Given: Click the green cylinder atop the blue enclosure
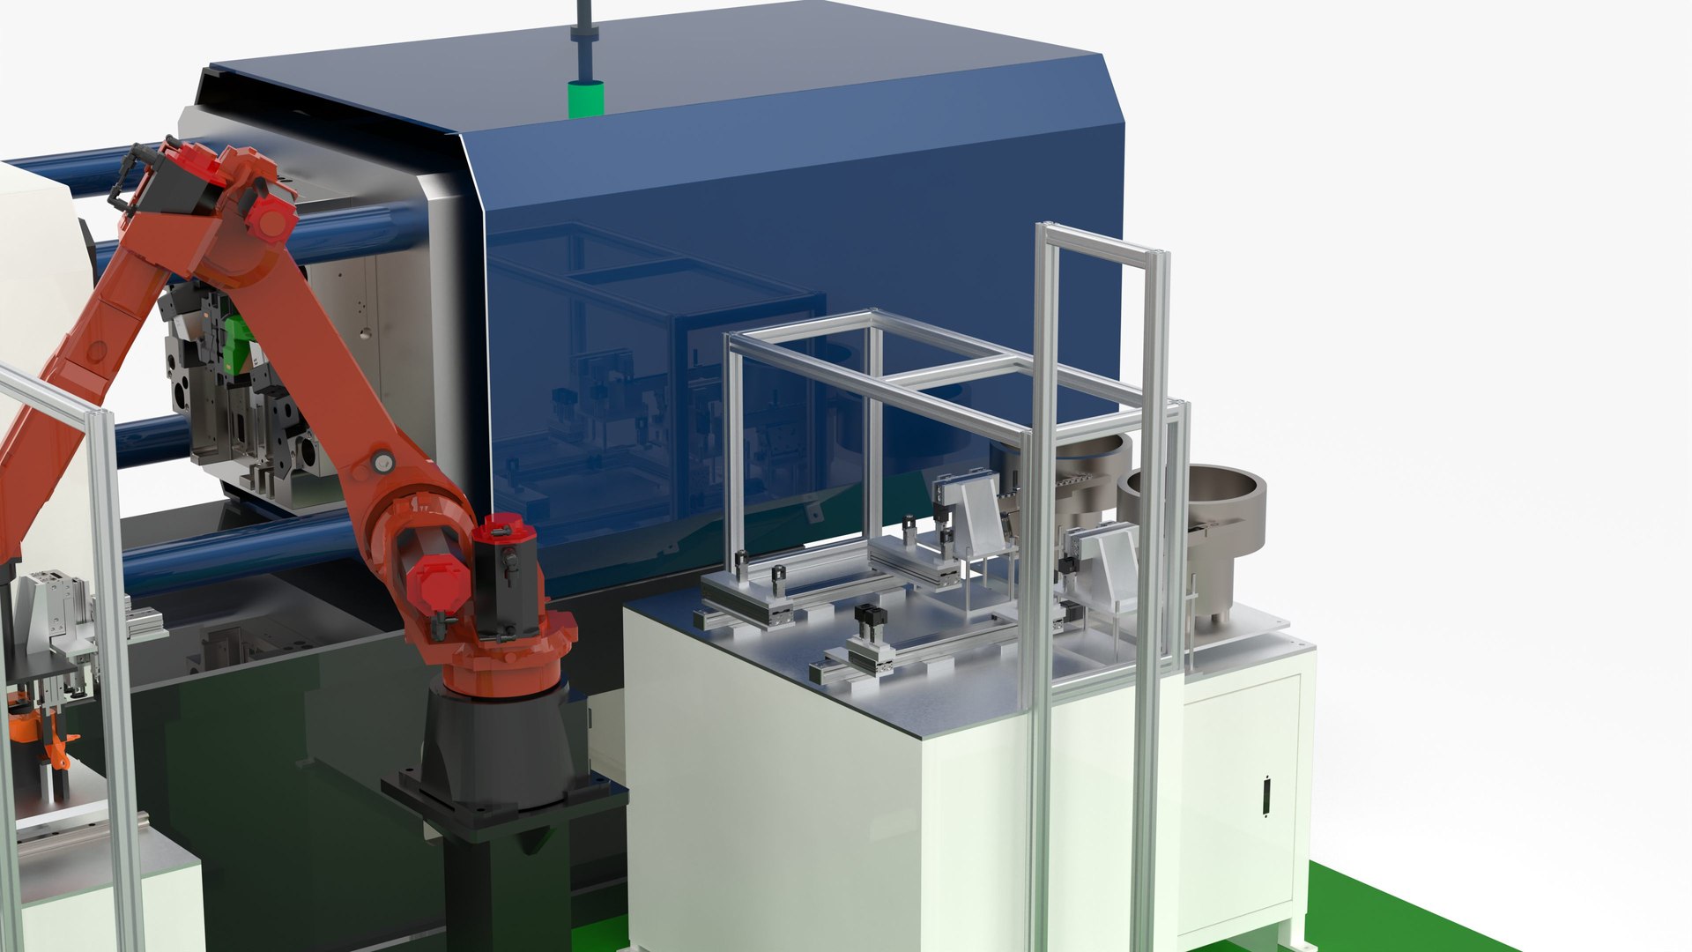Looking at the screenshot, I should (x=585, y=99).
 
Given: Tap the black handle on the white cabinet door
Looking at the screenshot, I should (x=1266, y=795).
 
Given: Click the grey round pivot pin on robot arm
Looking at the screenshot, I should (x=382, y=462).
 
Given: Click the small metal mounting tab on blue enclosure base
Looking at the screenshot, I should (x=813, y=509).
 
